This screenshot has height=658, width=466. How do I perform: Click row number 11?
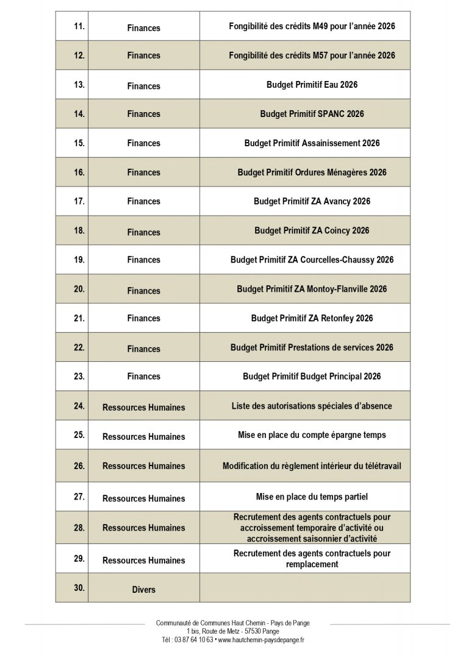point(79,26)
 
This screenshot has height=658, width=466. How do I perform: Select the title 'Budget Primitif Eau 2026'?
point(312,85)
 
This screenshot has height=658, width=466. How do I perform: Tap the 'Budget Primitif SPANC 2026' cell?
point(312,114)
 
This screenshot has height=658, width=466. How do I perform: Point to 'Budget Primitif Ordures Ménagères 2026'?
point(312,172)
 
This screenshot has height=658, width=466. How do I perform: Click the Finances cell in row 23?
point(143,377)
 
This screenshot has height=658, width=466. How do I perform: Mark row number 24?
point(79,405)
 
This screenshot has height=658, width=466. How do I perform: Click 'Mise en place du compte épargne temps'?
point(312,435)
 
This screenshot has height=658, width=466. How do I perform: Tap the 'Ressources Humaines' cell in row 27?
point(143,498)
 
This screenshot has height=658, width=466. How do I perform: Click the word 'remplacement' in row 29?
point(312,564)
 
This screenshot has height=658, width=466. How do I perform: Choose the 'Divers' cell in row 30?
point(143,589)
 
